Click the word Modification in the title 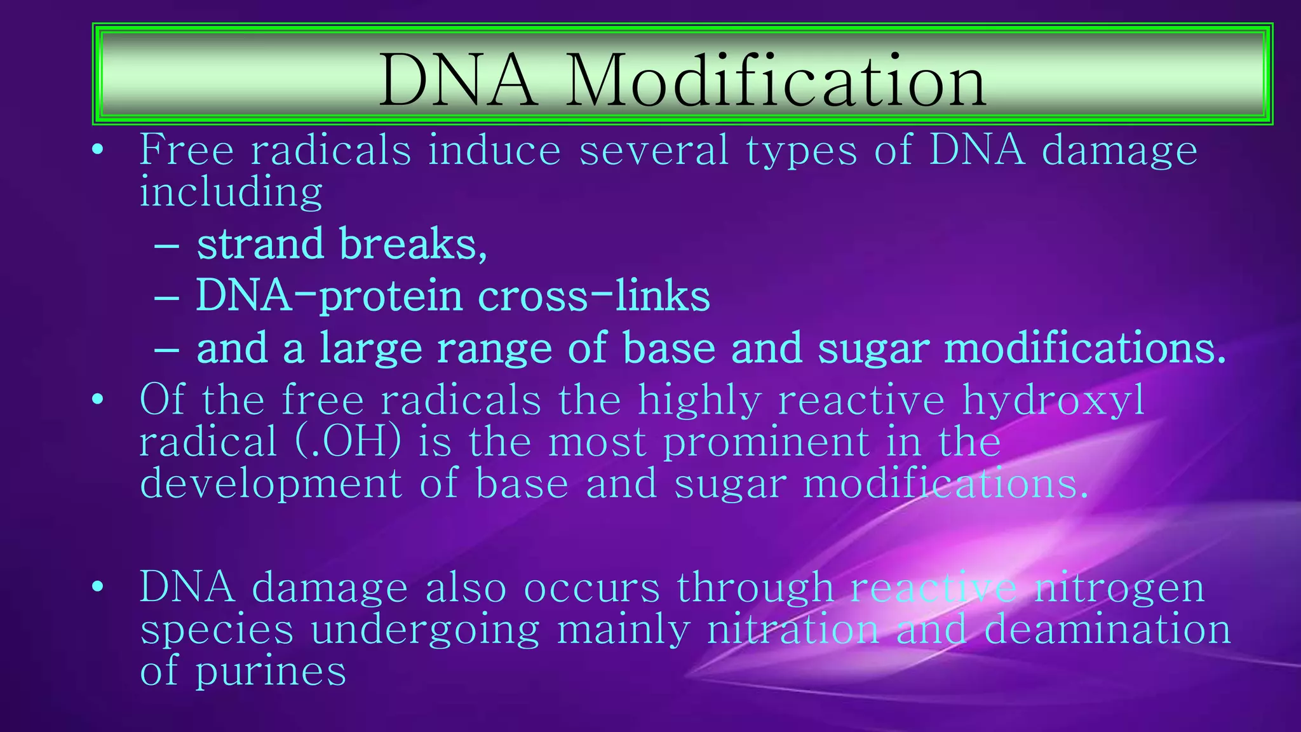point(775,81)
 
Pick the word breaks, point(413,244)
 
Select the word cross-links point(593,296)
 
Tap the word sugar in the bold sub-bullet point(873,349)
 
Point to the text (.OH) point(348,442)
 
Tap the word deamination point(1107,628)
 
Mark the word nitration point(793,628)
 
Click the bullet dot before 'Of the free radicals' point(97,400)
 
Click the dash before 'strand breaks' point(166,245)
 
